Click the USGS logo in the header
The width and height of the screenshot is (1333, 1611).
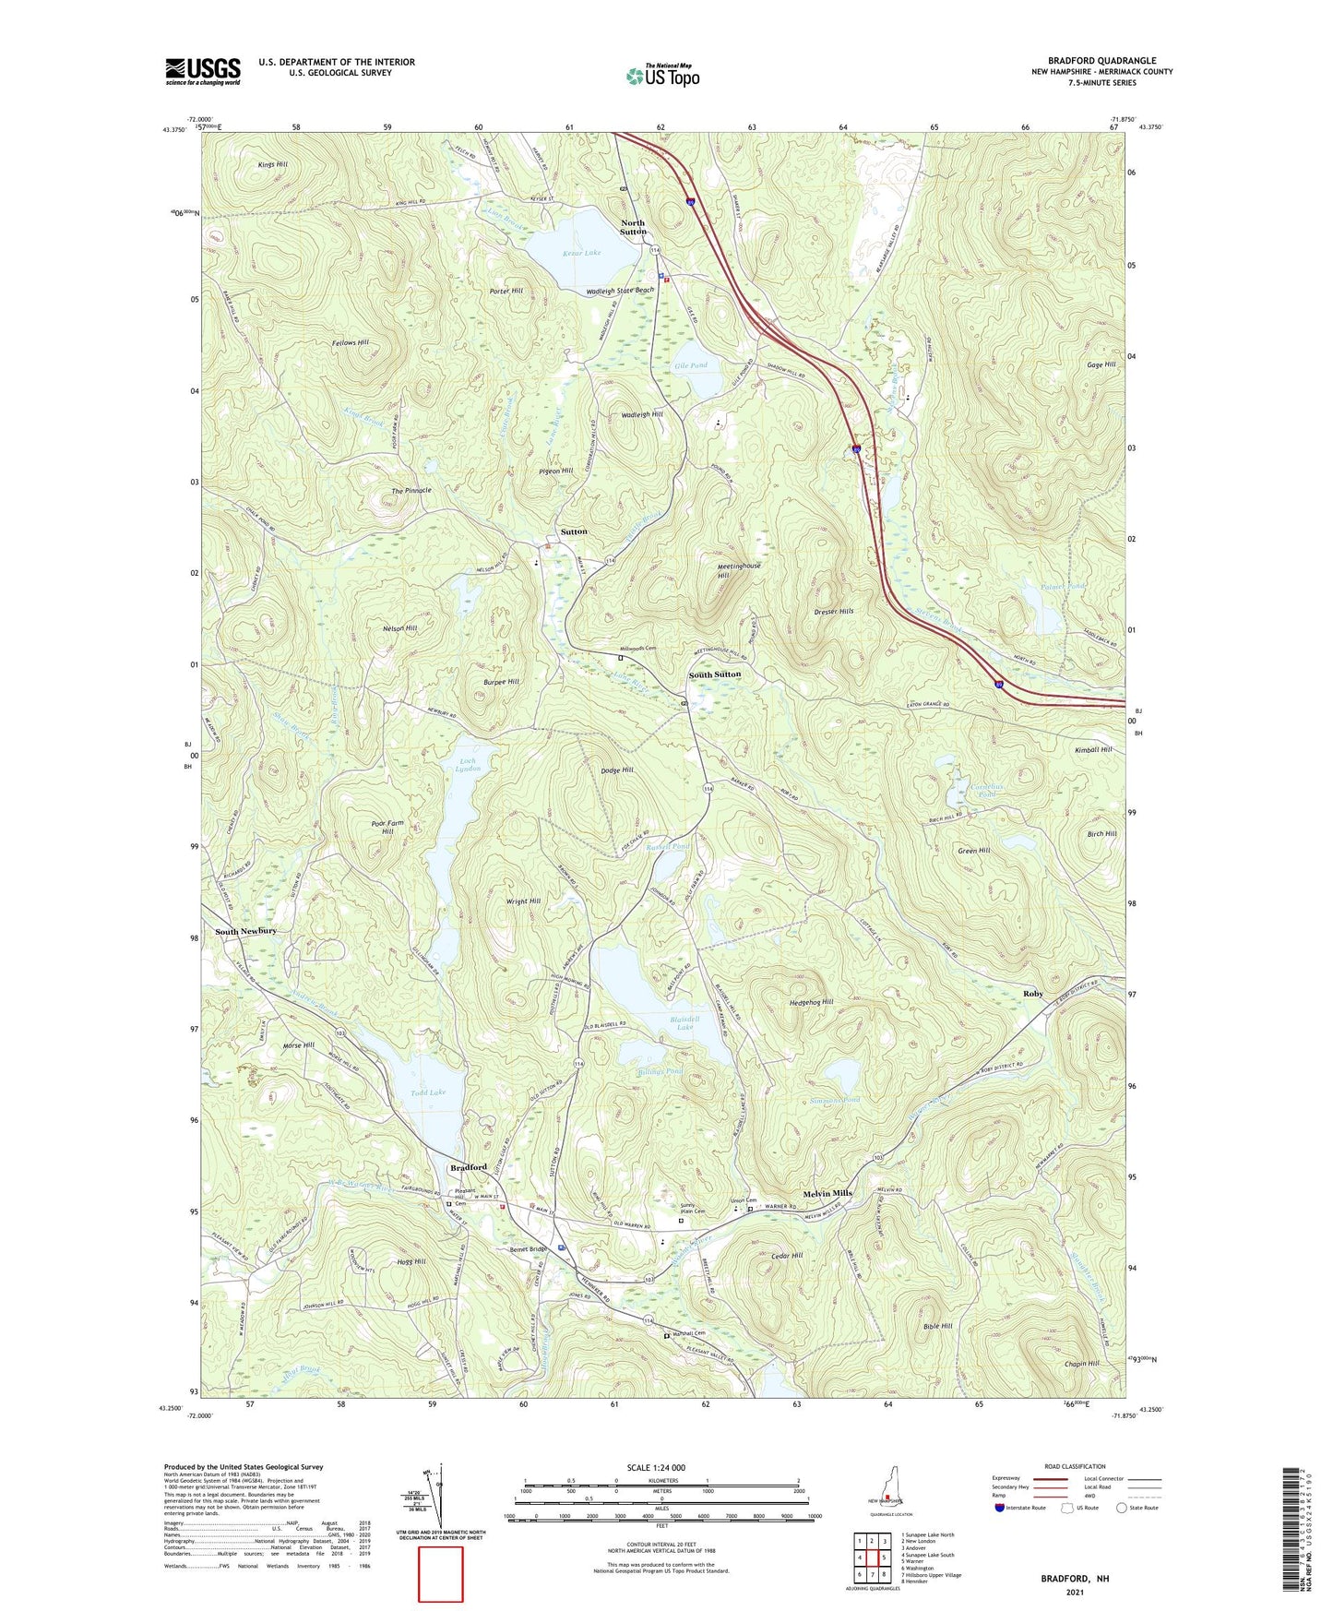coord(203,71)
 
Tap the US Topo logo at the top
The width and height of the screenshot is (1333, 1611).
coord(662,76)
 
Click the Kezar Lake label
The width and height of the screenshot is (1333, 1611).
coord(581,252)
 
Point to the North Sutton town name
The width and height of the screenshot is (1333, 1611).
coord(633,227)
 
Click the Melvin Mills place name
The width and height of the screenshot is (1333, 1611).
coord(827,1193)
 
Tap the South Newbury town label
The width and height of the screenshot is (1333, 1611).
coord(245,931)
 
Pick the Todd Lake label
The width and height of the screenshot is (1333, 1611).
coord(428,1092)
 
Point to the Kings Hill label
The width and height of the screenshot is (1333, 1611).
coord(273,164)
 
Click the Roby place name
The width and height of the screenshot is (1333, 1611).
coord(1032,994)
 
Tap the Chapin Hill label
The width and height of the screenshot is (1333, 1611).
coord(1081,1364)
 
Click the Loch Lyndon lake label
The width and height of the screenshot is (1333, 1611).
coord(469,765)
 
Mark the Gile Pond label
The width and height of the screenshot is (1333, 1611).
coord(691,365)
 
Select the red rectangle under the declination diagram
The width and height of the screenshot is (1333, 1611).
coord(441,1574)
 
